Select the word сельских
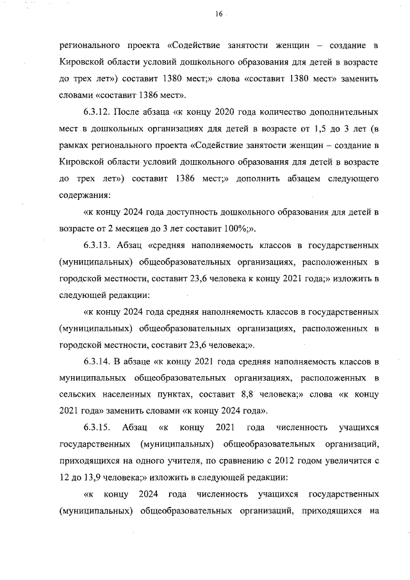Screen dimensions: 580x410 (79, 394)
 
